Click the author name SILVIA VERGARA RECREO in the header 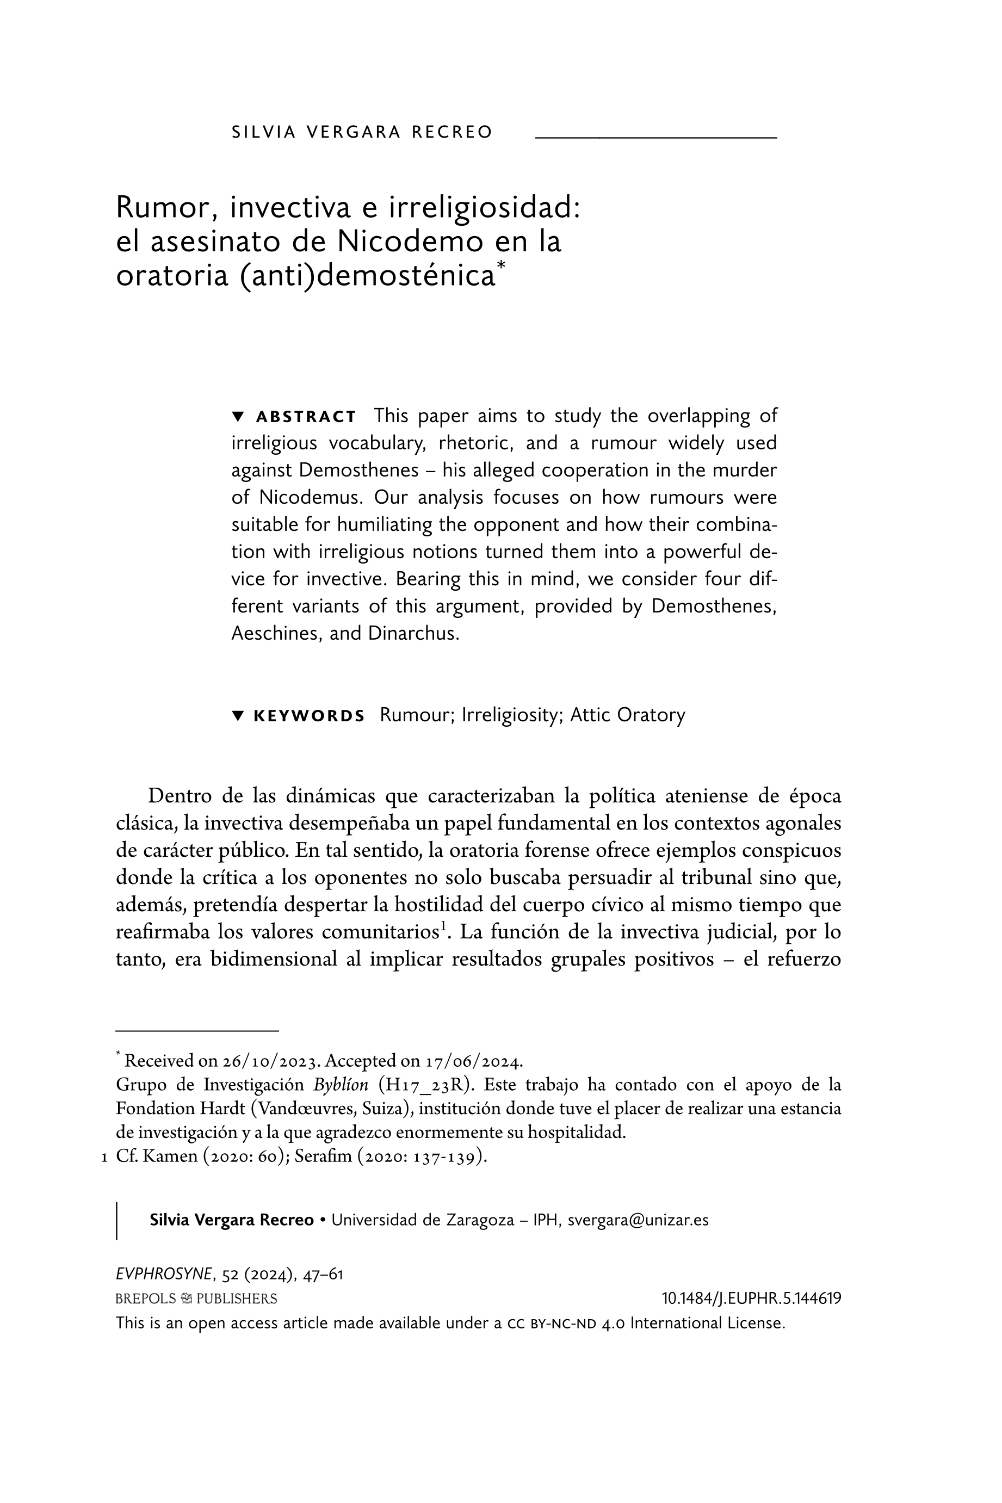pyautogui.click(x=362, y=132)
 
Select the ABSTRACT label pyautogui.click(x=306, y=417)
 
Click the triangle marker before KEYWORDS pyautogui.click(x=238, y=715)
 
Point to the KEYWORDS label pyautogui.click(x=310, y=716)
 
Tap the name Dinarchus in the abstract pyautogui.click(x=413, y=633)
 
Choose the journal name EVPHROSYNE pyautogui.click(x=164, y=1274)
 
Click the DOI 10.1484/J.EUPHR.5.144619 pyautogui.click(x=751, y=1298)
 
